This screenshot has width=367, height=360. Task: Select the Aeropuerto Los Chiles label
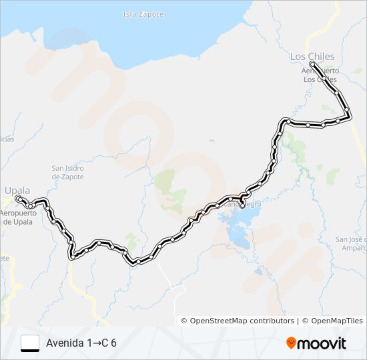tap(321, 75)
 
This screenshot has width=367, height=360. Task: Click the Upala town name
tap(18, 190)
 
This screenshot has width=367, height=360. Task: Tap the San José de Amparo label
tap(351, 243)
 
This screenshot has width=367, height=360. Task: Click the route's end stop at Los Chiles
tap(313, 65)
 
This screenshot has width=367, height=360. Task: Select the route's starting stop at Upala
tap(18, 199)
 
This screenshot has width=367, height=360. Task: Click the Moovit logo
tap(316, 343)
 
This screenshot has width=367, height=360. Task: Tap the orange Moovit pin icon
tap(292, 343)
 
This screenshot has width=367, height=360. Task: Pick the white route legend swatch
tap(30, 343)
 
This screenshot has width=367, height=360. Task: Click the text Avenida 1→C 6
tap(81, 343)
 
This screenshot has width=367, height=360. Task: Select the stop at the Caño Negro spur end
tap(242, 205)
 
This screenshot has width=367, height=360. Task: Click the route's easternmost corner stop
tap(350, 117)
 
